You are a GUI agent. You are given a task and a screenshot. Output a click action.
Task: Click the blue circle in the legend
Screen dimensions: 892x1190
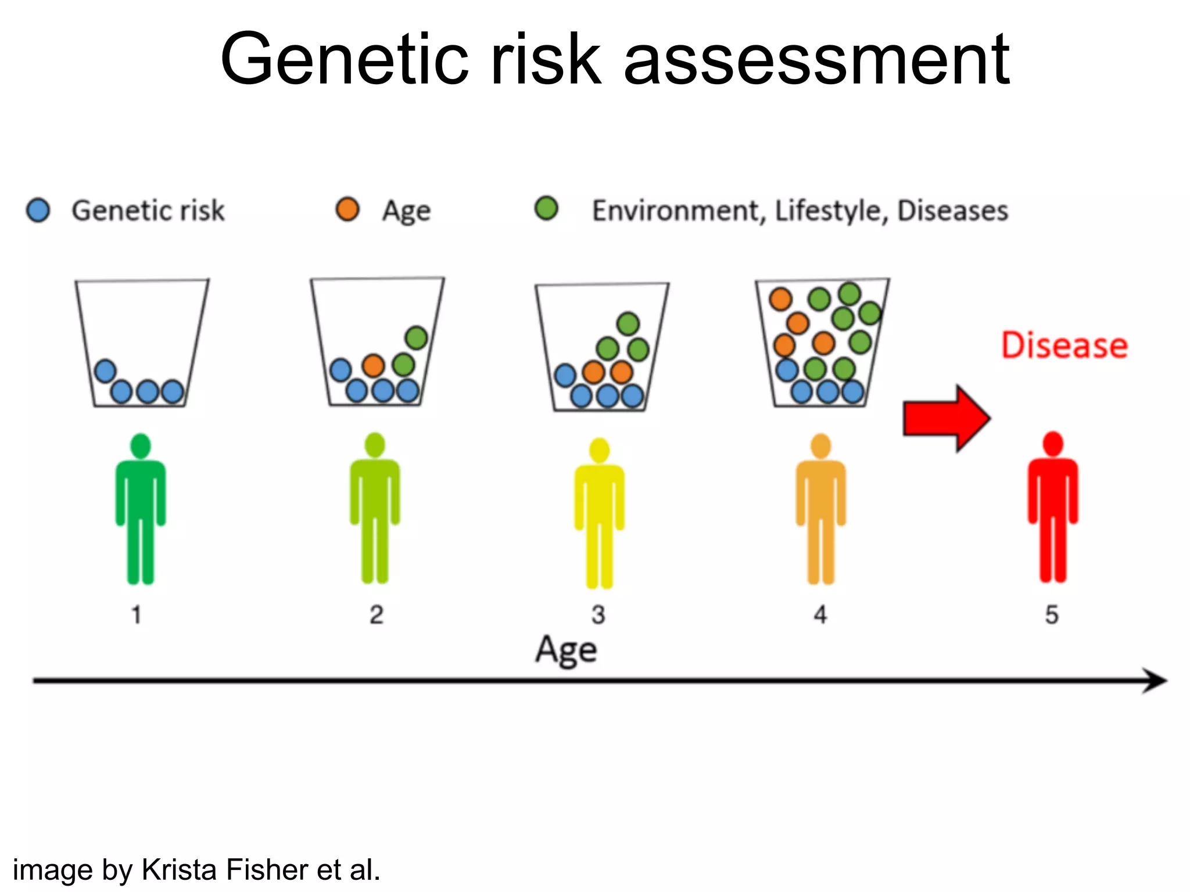(38, 210)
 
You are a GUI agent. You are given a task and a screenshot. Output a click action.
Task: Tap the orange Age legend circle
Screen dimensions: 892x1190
(347, 209)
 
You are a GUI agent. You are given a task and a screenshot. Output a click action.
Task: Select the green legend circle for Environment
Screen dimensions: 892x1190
(546, 208)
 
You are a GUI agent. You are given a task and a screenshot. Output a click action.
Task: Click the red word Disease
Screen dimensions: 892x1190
(1064, 346)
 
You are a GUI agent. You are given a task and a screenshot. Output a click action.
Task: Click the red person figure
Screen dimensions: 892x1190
(1053, 505)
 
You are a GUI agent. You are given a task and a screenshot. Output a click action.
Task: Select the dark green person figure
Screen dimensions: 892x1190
(141, 508)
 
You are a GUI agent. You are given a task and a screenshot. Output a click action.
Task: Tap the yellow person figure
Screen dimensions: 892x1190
(599, 511)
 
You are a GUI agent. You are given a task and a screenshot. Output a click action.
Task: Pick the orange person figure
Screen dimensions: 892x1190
(820, 508)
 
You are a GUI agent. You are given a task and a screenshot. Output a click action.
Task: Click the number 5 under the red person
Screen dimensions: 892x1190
(1052, 614)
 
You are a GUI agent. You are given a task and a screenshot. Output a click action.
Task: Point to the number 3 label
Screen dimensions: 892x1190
(598, 614)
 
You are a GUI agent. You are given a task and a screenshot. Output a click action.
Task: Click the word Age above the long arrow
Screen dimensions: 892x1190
(566, 650)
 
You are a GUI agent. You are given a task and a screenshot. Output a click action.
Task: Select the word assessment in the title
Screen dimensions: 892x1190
(816, 59)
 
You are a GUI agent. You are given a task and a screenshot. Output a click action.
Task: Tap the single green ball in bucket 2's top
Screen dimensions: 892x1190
(417, 337)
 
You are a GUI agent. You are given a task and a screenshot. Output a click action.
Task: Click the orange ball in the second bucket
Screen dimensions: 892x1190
(373, 366)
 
